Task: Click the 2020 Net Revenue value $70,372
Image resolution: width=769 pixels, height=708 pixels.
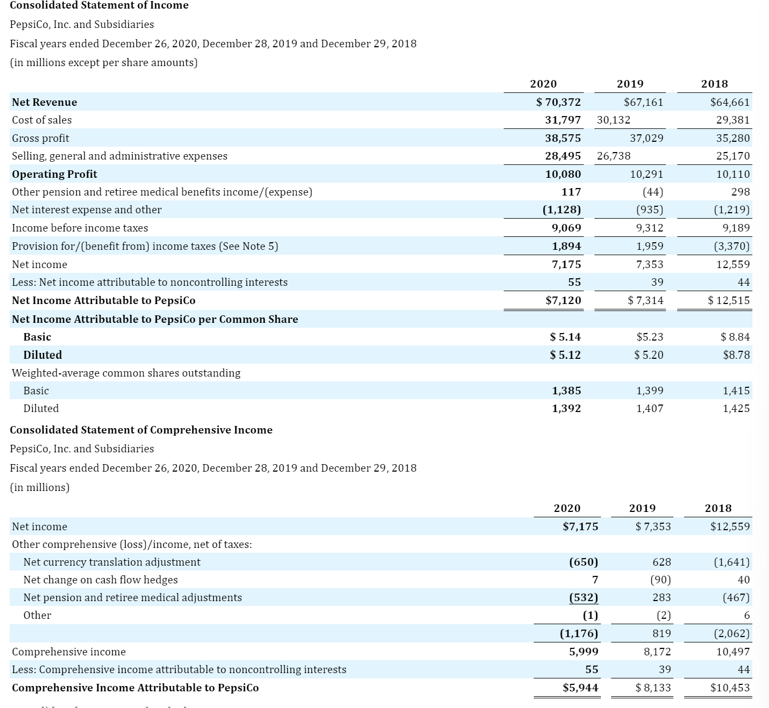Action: pyautogui.click(x=559, y=102)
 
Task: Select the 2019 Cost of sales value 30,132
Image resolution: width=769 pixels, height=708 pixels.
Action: pyautogui.click(x=613, y=120)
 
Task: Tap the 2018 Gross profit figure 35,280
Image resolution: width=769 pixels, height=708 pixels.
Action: pyautogui.click(x=733, y=138)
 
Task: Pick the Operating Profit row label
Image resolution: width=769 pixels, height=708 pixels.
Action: pyautogui.click(x=55, y=174)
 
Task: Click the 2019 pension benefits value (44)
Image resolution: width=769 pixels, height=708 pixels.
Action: pyautogui.click(x=652, y=192)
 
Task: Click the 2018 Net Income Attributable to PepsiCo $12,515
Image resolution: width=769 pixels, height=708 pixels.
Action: pyautogui.click(x=729, y=300)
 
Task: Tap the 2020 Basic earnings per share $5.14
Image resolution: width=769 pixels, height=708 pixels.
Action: pyautogui.click(x=565, y=337)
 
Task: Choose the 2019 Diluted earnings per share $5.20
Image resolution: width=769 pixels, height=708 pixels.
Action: pyautogui.click(x=649, y=355)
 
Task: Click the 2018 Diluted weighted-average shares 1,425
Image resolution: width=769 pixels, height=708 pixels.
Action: pyautogui.click(x=736, y=408)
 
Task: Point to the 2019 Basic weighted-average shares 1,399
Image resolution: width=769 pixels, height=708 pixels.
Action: pyautogui.click(x=650, y=391)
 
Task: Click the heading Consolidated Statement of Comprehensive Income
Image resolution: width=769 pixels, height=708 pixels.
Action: pyautogui.click(x=141, y=430)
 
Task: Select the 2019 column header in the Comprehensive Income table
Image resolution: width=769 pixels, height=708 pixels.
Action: pyautogui.click(x=642, y=508)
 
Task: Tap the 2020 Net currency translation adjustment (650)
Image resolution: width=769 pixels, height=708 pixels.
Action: pyautogui.click(x=583, y=562)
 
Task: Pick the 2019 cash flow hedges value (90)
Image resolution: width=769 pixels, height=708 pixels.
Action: pyautogui.click(x=660, y=580)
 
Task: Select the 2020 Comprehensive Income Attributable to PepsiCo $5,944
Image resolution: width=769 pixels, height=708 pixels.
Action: pyautogui.click(x=581, y=688)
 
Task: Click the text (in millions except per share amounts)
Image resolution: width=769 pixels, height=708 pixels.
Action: pyautogui.click(x=104, y=62)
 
